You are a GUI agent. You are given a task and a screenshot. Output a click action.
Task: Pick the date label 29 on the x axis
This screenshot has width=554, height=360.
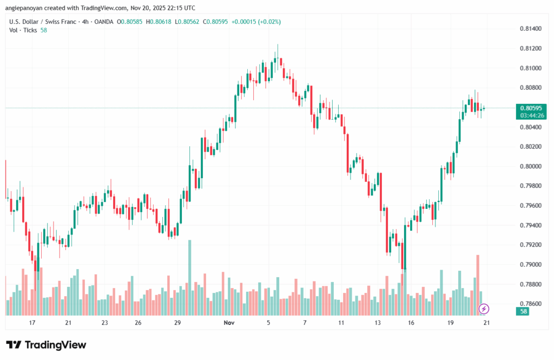pyautogui.click(x=177, y=323)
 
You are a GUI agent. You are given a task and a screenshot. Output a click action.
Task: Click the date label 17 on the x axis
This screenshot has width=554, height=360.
pyautogui.click(x=32, y=323)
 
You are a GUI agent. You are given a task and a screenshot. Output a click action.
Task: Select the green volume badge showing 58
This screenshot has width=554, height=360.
pyautogui.click(x=524, y=312)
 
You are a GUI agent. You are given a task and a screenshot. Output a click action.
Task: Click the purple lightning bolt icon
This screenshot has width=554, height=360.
pyautogui.click(x=484, y=309)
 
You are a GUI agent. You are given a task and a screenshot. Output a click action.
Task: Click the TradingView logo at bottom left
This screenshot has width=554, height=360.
pyautogui.click(x=46, y=345)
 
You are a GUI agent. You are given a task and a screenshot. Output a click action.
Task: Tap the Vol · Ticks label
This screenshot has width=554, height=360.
pyautogui.click(x=23, y=30)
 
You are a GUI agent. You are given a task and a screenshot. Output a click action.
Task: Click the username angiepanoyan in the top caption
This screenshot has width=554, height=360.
pyautogui.click(x=30, y=8)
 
